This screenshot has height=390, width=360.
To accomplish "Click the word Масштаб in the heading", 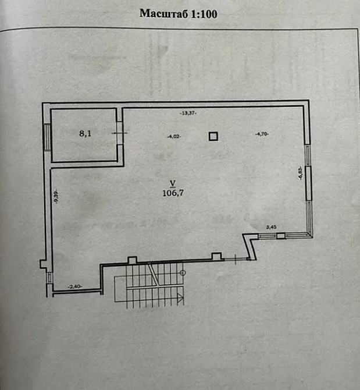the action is click(164, 13).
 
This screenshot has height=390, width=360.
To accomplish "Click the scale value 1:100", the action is click(204, 14).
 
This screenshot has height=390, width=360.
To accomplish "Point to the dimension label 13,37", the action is click(188, 113).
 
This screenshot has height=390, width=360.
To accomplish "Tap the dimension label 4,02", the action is click(174, 137).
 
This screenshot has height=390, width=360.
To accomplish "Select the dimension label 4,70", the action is click(262, 134).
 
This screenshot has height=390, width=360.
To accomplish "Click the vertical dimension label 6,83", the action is click(301, 173).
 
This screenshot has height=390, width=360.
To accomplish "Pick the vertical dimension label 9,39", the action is click(56, 197).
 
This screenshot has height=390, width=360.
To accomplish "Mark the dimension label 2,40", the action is click(75, 286).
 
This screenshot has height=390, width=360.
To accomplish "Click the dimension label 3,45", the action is click(271, 227).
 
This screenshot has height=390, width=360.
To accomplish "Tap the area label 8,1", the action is click(85, 133).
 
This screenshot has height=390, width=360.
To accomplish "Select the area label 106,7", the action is click(173, 193).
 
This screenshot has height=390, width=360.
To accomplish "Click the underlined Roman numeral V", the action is click(173, 183).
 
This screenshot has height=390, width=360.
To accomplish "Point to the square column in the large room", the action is click(213, 137).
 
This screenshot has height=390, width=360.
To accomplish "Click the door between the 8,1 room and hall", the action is click(119, 133).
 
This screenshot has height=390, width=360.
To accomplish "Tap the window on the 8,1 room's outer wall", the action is click(47, 137).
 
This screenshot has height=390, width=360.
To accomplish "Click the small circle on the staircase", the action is click(183, 273).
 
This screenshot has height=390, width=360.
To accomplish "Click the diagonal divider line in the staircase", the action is click(154, 274).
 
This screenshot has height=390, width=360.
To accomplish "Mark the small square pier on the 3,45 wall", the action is click(281, 236).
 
